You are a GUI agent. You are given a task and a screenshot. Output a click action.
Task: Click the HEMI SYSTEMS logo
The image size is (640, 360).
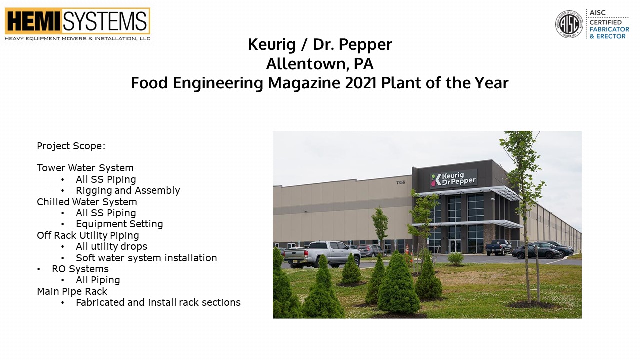click(77, 24)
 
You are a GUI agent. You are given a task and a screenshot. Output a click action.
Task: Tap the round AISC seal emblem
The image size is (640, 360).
click(569, 24)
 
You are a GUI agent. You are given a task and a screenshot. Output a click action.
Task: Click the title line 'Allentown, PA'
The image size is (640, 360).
click(320, 64)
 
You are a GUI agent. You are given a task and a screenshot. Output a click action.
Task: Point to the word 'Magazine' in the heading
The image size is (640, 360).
click(304, 83)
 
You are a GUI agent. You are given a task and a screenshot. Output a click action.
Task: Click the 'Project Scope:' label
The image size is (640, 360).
click(71, 146)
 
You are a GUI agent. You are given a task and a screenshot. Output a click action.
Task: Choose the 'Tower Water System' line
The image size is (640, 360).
click(85, 168)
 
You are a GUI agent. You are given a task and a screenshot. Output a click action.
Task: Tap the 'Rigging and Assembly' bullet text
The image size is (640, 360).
click(128, 190)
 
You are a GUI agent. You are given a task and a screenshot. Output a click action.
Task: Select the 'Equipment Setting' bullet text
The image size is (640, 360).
click(119, 224)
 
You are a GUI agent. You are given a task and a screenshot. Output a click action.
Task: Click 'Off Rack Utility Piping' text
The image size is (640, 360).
click(88, 235)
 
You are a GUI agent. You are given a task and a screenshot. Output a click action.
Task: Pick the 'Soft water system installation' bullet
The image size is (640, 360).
click(146, 258)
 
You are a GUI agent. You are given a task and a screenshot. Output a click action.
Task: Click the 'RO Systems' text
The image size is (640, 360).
click(80, 269)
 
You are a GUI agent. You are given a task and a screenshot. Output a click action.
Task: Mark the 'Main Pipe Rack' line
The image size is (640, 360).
click(72, 291)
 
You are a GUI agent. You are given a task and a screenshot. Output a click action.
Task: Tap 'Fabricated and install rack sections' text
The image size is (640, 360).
click(158, 302)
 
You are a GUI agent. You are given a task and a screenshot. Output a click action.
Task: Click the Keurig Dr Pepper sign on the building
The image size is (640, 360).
click(453, 179)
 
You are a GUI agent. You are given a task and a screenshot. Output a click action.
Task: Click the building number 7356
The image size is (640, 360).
click(400, 182)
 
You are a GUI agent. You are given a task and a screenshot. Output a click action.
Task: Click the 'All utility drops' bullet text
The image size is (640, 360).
click(111, 246)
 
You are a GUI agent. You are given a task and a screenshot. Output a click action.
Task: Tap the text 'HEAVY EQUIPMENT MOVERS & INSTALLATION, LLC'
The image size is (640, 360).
click(77, 39)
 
